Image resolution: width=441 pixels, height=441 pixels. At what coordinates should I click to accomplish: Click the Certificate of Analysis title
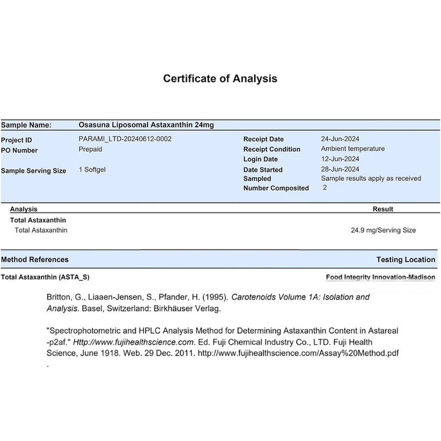tap(220, 78)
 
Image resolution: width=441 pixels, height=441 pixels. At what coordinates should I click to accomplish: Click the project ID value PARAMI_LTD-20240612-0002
tap(125, 138)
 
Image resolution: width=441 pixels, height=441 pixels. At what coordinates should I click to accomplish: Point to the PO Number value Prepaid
tap(90, 149)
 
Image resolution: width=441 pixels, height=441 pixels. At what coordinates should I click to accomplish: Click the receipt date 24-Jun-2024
tap(340, 138)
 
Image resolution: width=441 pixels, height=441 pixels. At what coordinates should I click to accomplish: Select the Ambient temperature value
tap(353, 148)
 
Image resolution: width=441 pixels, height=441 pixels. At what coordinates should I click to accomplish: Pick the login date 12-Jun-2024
tap(340, 159)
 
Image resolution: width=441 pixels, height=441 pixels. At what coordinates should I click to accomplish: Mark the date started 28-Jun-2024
tap(340, 169)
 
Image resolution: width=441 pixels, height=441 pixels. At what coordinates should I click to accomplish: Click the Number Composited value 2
tap(325, 187)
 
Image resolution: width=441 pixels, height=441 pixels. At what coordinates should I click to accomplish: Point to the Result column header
tap(383, 209)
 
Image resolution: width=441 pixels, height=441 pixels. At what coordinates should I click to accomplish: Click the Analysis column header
tap(24, 209)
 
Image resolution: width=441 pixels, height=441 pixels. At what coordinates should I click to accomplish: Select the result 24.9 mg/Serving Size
tap(383, 230)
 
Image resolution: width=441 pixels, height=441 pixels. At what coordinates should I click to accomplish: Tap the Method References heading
tap(35, 260)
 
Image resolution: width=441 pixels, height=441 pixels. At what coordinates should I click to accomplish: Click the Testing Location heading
tap(405, 260)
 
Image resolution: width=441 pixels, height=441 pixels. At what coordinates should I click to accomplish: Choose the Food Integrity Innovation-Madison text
tap(380, 277)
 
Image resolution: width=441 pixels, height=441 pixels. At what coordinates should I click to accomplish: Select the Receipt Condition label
tap(271, 149)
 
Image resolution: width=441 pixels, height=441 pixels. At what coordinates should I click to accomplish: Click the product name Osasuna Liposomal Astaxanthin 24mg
tap(146, 125)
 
